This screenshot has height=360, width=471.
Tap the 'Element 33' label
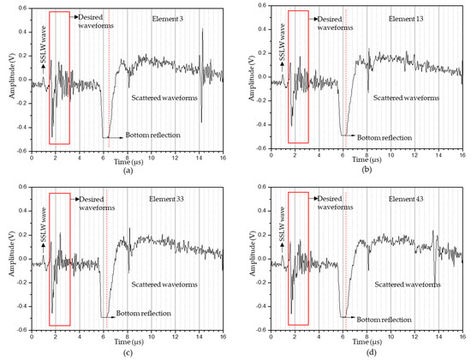coord(176,200)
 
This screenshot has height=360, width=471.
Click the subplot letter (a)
coord(128,171)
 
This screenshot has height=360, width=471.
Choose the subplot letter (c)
coord(128,352)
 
